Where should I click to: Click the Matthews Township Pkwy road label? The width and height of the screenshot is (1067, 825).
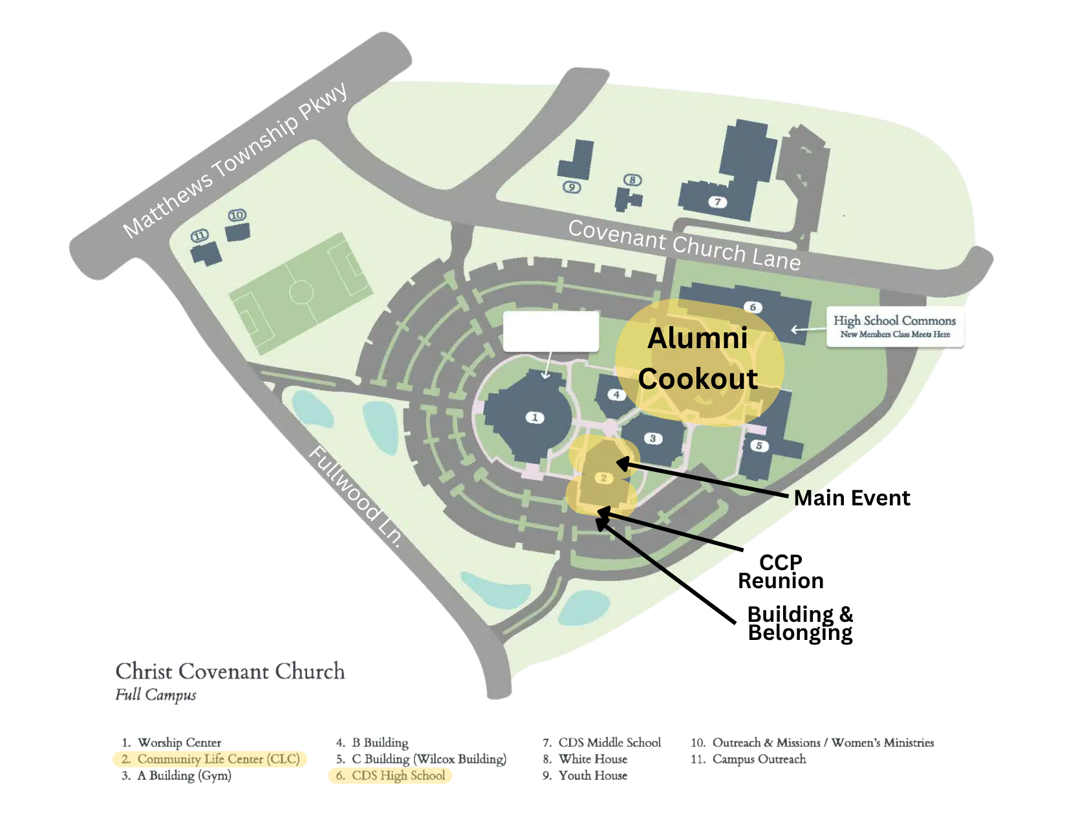click(235, 160)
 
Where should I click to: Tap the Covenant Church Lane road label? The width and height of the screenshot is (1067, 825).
click(684, 245)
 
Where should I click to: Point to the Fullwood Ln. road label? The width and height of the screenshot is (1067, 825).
click(356, 496)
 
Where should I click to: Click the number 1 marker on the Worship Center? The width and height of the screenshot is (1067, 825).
click(534, 417)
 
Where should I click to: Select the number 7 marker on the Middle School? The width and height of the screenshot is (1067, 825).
click(717, 202)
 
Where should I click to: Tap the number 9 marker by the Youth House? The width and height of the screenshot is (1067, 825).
click(572, 187)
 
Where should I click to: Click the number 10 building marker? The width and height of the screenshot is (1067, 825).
click(237, 215)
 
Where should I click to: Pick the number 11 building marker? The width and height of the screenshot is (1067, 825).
click(200, 236)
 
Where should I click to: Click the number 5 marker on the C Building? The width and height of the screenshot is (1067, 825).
click(759, 446)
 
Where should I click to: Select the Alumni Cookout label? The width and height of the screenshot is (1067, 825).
click(698, 358)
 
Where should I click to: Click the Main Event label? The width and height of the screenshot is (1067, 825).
click(852, 498)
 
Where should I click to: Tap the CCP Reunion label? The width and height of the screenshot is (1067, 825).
click(781, 571)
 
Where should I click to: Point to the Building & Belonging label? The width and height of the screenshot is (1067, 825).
click(800, 623)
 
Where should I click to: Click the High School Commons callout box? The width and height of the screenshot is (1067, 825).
click(894, 326)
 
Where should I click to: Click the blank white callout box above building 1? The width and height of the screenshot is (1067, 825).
click(551, 331)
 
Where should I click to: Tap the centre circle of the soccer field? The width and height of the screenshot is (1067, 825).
click(301, 292)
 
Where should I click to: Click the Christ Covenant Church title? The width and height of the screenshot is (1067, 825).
click(230, 671)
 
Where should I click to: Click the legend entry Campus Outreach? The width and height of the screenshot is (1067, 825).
click(759, 759)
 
